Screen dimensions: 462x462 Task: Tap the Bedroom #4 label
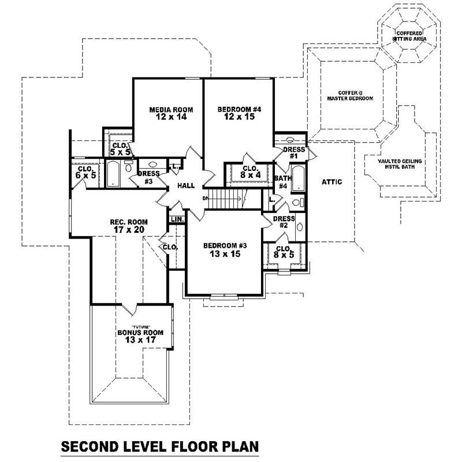(x=239, y=113)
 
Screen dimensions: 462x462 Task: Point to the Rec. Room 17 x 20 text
(x=129, y=226)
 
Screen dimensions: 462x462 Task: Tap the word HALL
(x=186, y=185)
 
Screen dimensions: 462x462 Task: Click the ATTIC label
(x=331, y=182)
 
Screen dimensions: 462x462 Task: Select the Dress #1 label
(x=293, y=153)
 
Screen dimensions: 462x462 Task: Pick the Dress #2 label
(x=284, y=222)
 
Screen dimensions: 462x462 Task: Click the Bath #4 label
(x=283, y=182)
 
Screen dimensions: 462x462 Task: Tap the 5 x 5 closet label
(x=121, y=149)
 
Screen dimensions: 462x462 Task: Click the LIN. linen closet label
(x=177, y=219)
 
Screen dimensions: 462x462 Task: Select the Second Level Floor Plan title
(x=159, y=446)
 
